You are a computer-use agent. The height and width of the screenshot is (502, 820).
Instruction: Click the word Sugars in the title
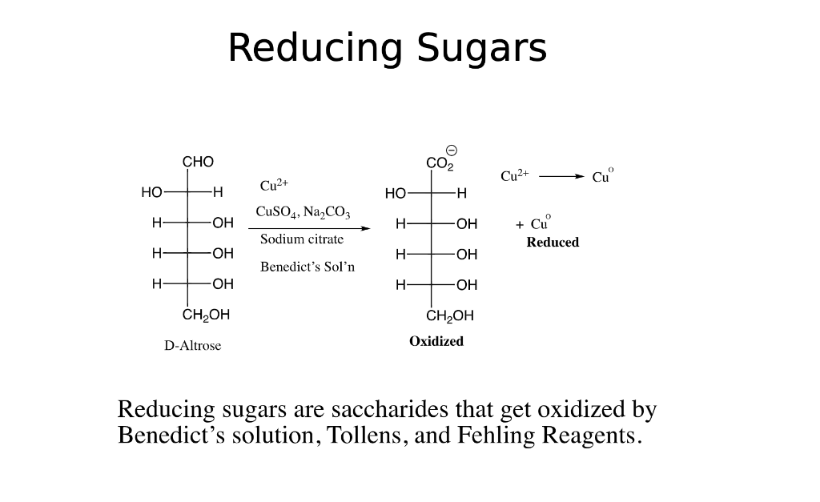(481, 49)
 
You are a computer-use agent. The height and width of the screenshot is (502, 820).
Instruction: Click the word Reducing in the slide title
(316, 49)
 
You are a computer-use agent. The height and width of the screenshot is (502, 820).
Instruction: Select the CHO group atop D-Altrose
(198, 162)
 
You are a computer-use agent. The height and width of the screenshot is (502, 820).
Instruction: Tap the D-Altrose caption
(192, 346)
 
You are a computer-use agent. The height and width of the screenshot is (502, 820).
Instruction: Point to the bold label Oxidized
(436, 341)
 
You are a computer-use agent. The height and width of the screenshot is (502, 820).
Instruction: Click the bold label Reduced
(553, 242)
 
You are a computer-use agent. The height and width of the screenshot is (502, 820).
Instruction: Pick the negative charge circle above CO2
(452, 151)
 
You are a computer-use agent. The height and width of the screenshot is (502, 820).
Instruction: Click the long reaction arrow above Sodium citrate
(309, 228)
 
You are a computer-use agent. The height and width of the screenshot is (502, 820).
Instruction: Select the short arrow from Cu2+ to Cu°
(561, 177)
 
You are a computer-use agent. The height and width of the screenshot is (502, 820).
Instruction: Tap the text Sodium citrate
(302, 239)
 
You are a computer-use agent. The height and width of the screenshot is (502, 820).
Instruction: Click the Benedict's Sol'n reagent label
(307, 267)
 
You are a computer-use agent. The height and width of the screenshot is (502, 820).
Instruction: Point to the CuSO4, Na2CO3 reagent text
(303, 212)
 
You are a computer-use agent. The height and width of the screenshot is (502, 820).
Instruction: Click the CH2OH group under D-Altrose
(206, 315)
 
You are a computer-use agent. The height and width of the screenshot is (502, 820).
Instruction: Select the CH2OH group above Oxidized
(450, 315)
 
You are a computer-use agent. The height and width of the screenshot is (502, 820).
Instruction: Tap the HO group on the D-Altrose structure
(151, 192)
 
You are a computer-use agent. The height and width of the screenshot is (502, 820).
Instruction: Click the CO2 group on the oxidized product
(440, 163)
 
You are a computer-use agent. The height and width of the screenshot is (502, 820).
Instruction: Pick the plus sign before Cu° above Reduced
(519, 225)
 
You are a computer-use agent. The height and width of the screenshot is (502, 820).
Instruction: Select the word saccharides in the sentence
(390, 409)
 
